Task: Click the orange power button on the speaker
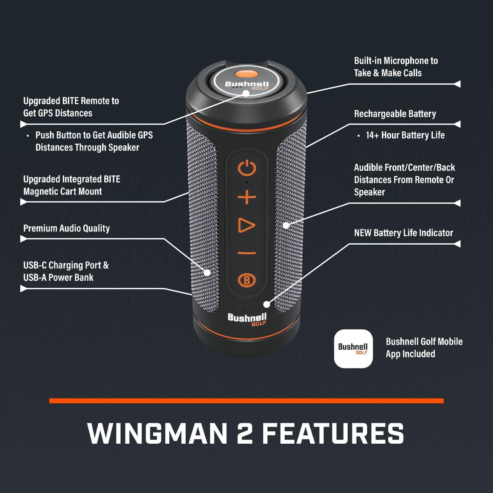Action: pos(246,169)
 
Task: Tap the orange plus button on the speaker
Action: pos(246,197)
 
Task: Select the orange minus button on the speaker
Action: pos(246,253)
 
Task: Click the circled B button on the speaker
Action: pos(246,280)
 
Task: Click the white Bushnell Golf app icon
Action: pos(353,349)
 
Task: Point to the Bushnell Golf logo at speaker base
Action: pos(247,319)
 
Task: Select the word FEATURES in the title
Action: pos(333,434)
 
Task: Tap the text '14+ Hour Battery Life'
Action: pos(405,135)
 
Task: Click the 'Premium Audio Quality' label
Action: pos(67,228)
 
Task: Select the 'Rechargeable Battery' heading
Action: pos(395,114)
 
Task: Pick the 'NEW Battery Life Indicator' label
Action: pos(403,233)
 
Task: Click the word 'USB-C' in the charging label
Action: pos(35,265)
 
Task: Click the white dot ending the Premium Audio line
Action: pos(207,272)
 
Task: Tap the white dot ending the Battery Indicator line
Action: pos(267,304)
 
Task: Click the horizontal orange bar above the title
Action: pos(246,401)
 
